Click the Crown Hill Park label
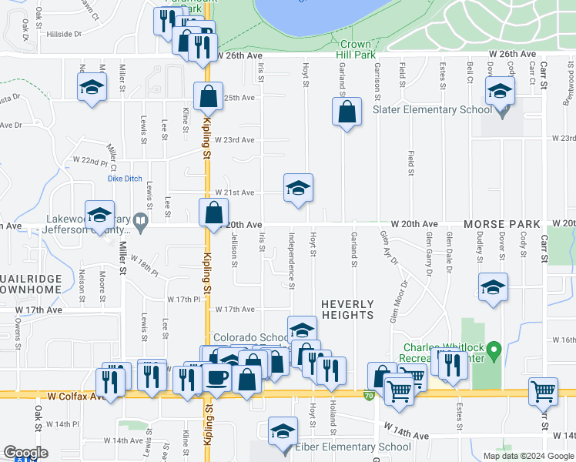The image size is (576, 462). click(x=355, y=49)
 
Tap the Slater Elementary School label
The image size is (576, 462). click(x=432, y=109)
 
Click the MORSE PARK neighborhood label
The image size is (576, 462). click(x=502, y=224)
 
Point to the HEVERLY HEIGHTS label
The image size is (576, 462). click(x=347, y=310)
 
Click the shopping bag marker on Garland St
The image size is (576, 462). click(x=347, y=112)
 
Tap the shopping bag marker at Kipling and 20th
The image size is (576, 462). click(x=214, y=213)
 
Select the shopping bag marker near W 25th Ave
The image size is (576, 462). click(x=208, y=97)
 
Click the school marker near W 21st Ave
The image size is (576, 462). click(x=298, y=188)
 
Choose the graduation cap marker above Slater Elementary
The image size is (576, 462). click(x=500, y=92)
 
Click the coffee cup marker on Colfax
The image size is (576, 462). click(x=218, y=378)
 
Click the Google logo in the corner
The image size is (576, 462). click(x=25, y=453)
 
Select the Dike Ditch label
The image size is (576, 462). click(x=124, y=179)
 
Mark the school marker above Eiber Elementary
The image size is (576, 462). click(x=283, y=430)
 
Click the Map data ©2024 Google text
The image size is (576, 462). click(x=527, y=456)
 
